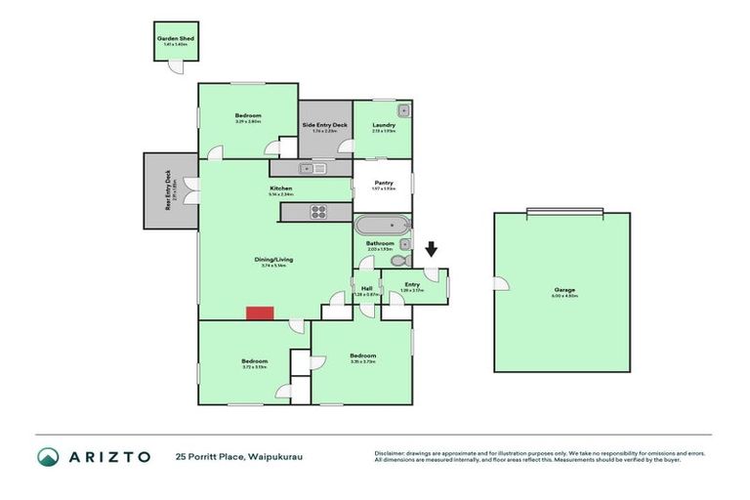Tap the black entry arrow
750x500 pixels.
point(431,252)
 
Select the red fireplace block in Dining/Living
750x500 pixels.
point(259,312)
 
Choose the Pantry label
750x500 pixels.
point(383,183)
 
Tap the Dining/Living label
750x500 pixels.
point(274,259)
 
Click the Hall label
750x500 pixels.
point(367,288)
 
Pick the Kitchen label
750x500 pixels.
point(281,187)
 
